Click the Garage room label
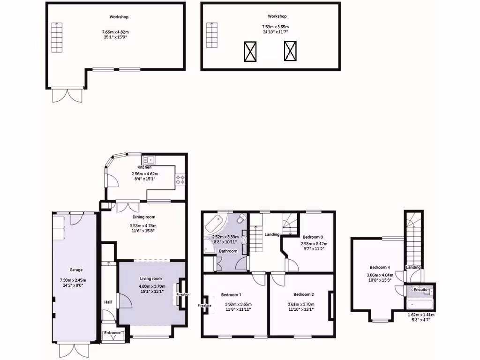(x=76, y=270)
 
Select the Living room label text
(x=150, y=279)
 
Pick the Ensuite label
(x=420, y=290)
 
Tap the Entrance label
(x=112, y=333)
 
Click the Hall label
(x=108, y=302)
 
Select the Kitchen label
(x=144, y=167)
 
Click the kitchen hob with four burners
(x=180, y=179)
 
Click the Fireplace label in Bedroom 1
(x=205, y=306)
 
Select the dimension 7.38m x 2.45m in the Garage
(x=76, y=280)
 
